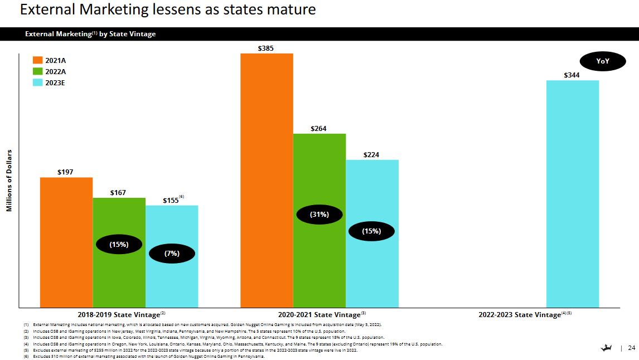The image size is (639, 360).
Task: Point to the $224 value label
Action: (x=371, y=155)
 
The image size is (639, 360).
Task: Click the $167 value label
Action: (x=118, y=193)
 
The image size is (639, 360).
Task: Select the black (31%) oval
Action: (x=319, y=214)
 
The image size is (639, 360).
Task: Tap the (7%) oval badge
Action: (x=172, y=254)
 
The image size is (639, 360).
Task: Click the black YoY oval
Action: (x=603, y=61)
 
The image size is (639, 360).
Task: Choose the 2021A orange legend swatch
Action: (x=38, y=60)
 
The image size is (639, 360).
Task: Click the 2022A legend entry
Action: (x=55, y=71)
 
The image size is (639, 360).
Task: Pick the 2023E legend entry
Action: (x=55, y=82)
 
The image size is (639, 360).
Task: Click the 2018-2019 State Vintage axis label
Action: (x=118, y=315)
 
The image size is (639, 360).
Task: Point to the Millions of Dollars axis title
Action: (x=9, y=180)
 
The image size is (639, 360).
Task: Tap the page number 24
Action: (x=631, y=348)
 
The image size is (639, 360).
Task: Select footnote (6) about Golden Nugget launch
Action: (x=147, y=356)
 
